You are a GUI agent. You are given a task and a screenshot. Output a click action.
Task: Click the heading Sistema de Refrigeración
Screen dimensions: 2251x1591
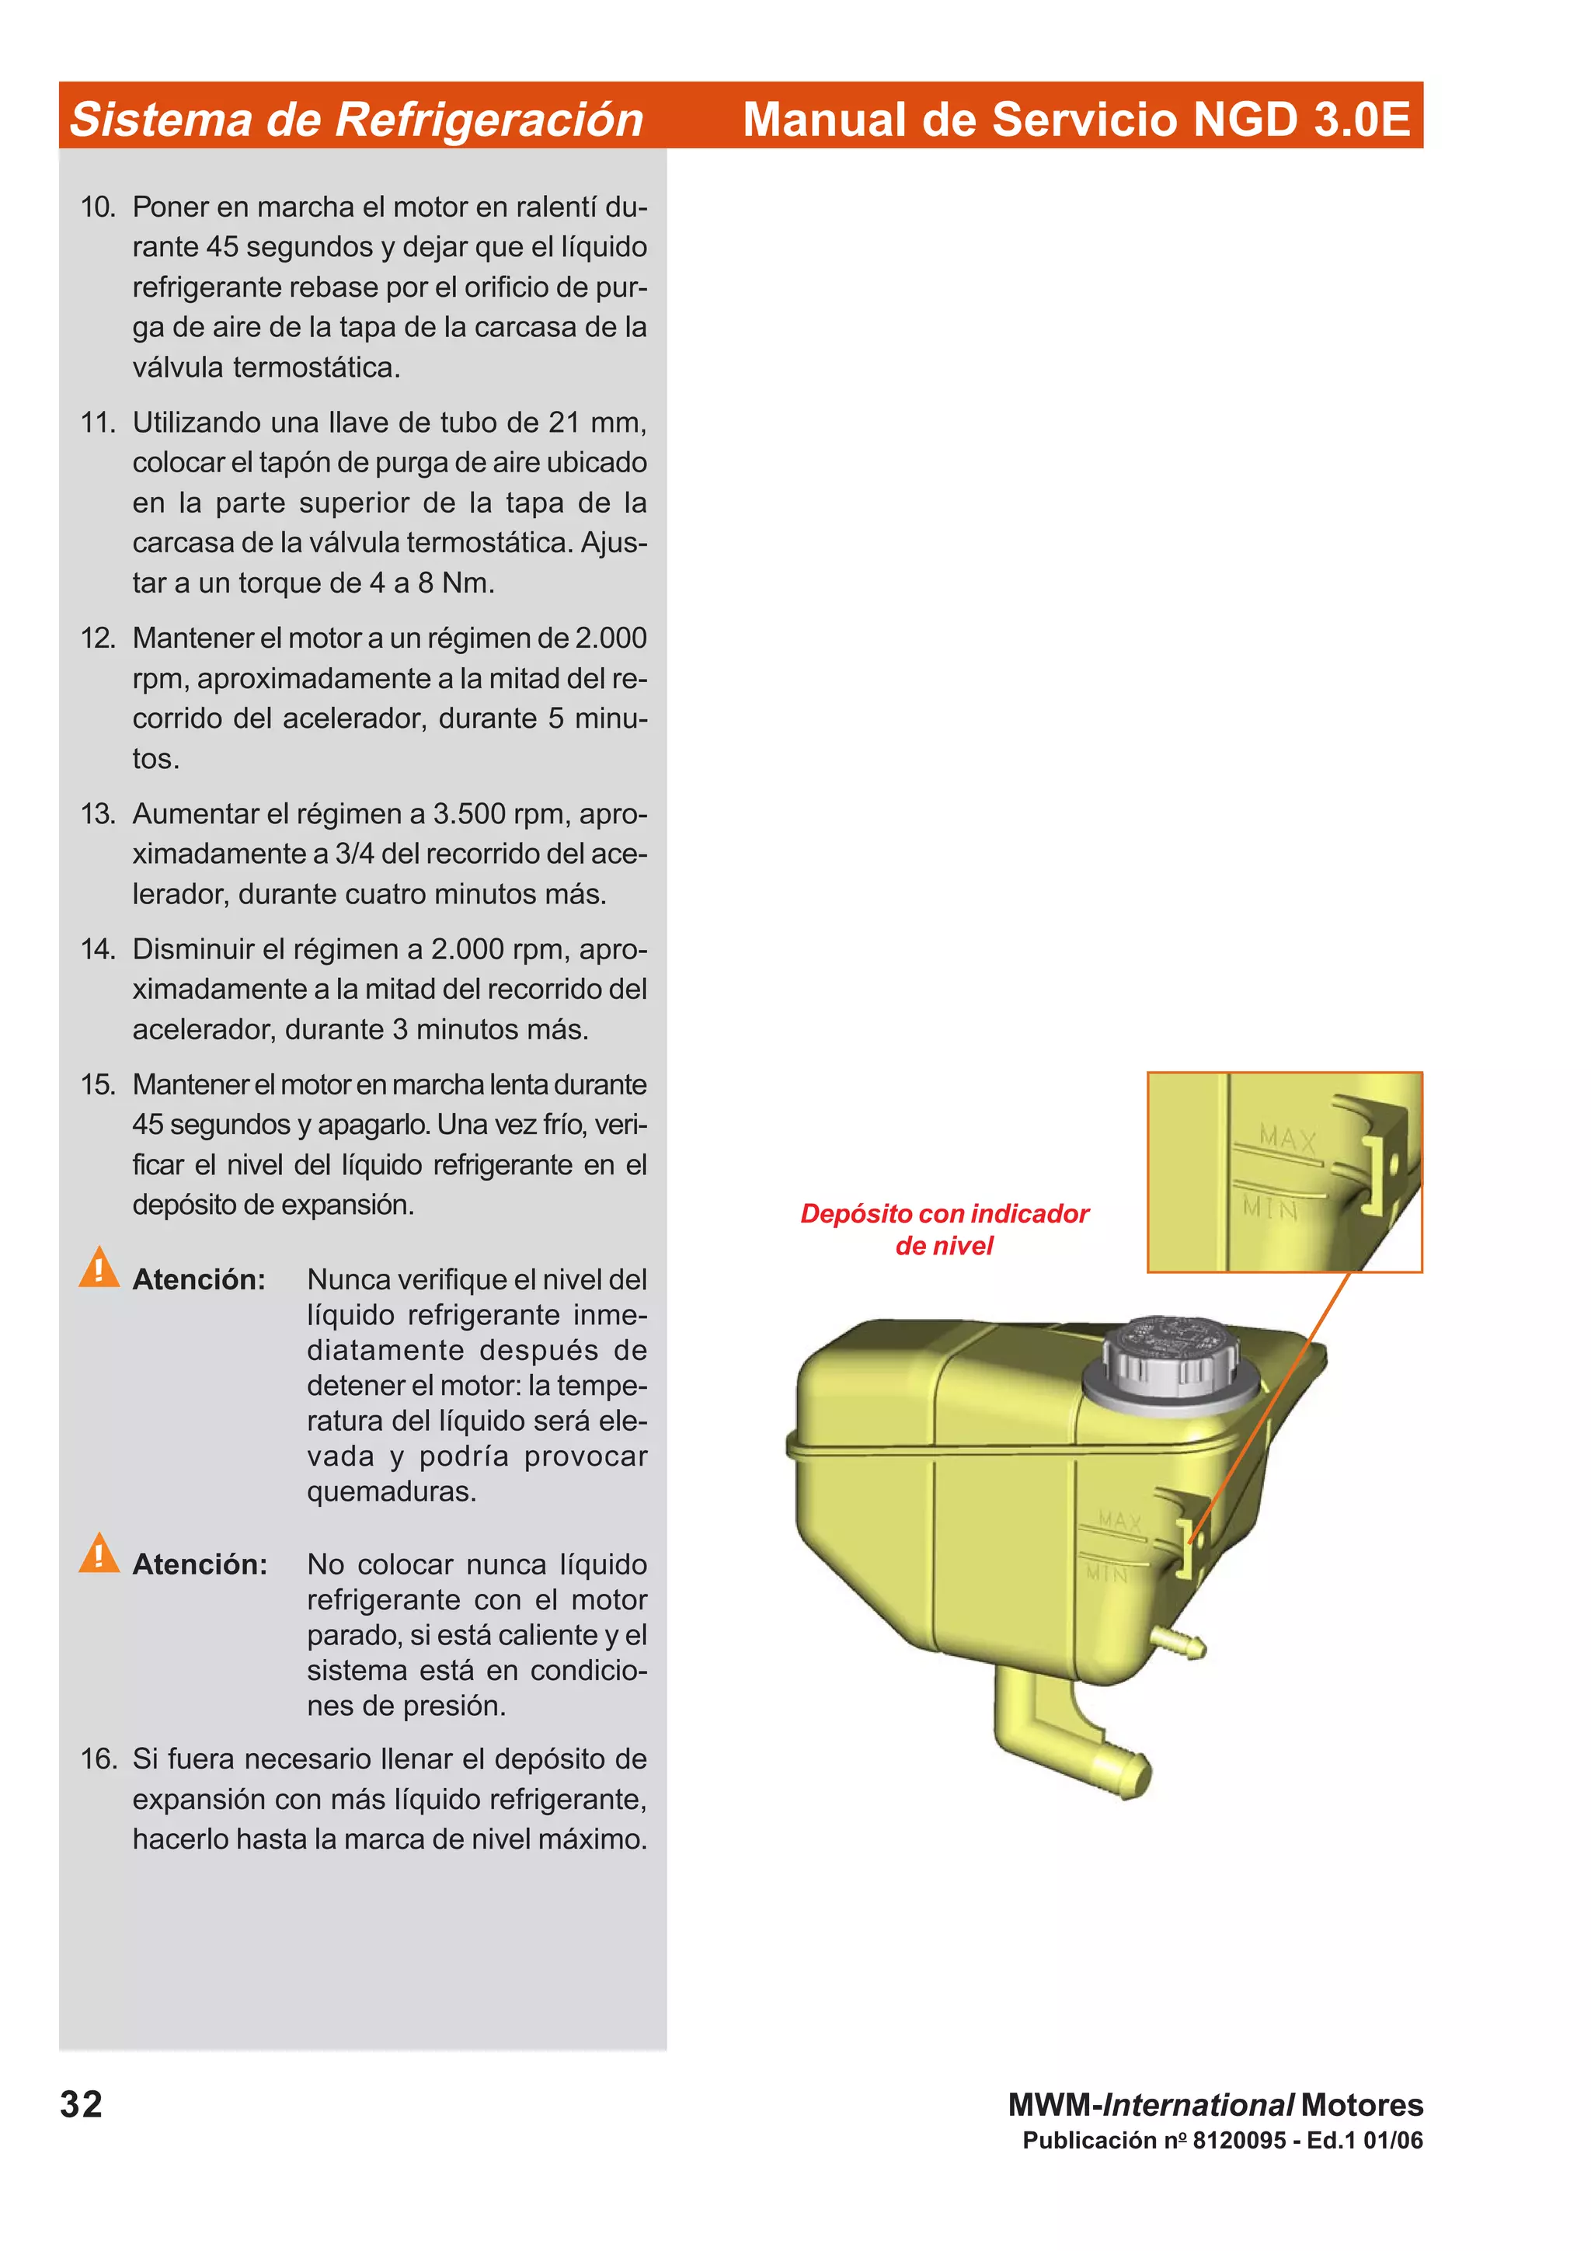pos(356,119)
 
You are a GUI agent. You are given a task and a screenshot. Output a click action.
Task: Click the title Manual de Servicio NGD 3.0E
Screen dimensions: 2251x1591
pos(1075,119)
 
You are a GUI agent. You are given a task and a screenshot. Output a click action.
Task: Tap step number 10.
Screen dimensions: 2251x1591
pos(98,207)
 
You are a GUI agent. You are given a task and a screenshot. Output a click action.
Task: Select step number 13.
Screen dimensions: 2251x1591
pos(98,814)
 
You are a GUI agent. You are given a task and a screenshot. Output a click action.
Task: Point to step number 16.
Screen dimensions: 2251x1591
pos(98,1759)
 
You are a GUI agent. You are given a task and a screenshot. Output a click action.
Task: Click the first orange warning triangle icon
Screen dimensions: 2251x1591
pos(99,1267)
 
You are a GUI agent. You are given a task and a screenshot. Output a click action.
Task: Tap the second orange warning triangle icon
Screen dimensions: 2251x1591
pos(99,1552)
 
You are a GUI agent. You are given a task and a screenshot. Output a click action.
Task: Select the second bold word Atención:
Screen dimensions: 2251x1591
pos(200,1564)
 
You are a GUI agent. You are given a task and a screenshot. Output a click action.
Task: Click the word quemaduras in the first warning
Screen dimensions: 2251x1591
pos(389,1491)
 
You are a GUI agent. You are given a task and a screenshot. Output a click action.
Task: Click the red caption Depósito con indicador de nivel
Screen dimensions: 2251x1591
pos(944,1230)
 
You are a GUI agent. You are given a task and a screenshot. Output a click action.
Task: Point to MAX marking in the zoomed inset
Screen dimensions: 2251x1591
pos(1287,1139)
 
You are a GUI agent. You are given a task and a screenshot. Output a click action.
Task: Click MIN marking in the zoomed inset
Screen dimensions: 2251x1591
pos(1269,1208)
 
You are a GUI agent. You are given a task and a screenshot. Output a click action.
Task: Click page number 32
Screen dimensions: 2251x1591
pos(82,2104)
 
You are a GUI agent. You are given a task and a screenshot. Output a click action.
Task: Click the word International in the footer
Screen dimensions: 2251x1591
pos(1198,2104)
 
